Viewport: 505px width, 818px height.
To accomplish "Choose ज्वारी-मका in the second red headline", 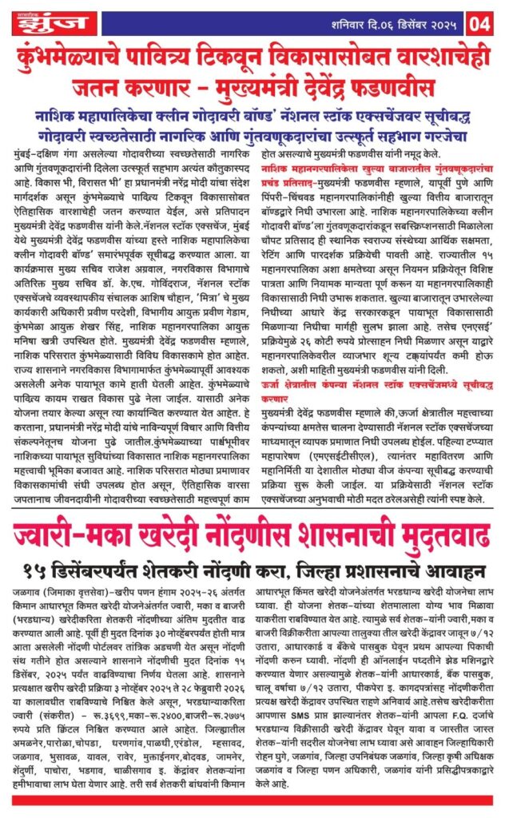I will tap(71, 525).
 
